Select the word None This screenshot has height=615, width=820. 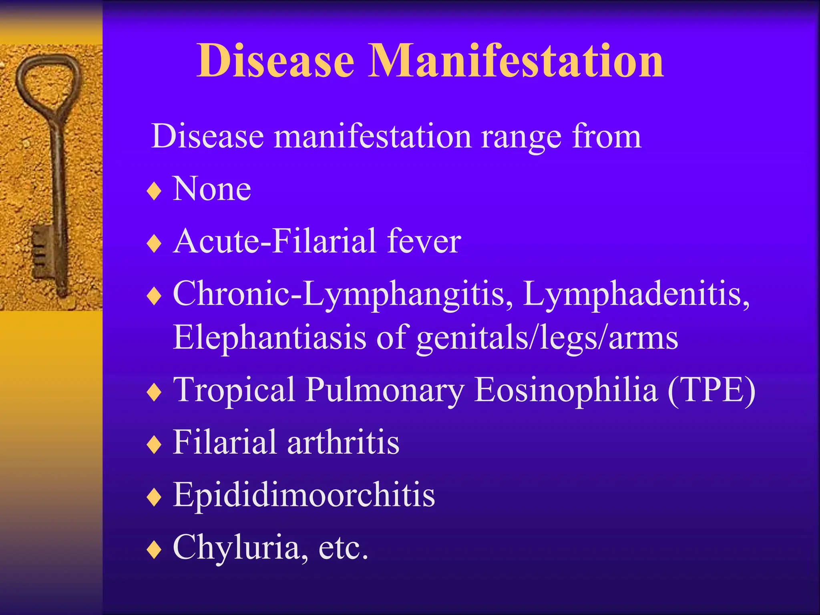212,189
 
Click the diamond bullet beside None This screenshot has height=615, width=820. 154,191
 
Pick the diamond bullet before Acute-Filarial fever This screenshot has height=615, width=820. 154,243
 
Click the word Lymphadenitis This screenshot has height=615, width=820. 636,294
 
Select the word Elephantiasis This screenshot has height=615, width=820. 269,338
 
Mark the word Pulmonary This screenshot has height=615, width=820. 385,390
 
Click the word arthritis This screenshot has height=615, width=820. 343,442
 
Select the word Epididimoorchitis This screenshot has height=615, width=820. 304,495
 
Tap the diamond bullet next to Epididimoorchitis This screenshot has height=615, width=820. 154,497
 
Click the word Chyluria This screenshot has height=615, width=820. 236,548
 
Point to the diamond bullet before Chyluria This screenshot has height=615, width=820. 154,549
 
